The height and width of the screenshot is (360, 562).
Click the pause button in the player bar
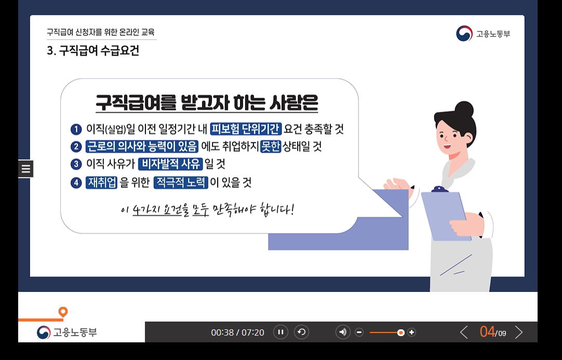click(280, 332)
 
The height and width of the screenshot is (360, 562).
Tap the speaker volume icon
click(343, 332)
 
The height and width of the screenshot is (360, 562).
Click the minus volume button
click(359, 332)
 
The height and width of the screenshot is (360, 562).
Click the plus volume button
click(412, 332)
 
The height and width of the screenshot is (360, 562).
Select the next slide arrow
click(518, 332)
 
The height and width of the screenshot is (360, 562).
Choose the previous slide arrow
click(464, 332)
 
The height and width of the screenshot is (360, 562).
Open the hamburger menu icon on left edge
click(26, 169)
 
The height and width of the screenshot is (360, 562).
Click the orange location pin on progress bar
click(63, 312)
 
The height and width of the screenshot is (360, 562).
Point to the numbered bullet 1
click(76, 129)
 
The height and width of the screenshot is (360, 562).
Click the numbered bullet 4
click(76, 182)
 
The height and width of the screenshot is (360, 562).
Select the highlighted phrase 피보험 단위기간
click(246, 128)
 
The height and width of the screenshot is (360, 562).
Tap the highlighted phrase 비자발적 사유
click(170, 164)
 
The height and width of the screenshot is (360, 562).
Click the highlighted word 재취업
click(102, 182)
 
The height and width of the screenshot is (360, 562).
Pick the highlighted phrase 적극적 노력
click(181, 182)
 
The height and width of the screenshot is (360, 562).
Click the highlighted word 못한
click(271, 146)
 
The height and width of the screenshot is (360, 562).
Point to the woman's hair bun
click(464, 110)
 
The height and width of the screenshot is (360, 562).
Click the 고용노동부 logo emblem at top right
click(464, 34)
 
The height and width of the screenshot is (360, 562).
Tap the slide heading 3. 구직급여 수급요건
click(93, 51)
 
